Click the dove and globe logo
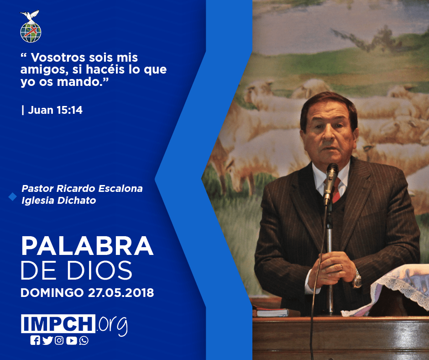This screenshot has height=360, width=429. tap(31, 26)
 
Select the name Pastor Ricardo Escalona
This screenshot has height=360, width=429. tap(82, 189)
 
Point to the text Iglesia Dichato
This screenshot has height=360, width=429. tap(59, 201)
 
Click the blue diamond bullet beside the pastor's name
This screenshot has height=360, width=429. tap(13, 196)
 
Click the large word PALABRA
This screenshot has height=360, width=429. tap(87, 246)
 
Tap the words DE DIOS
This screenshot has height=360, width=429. tap(77, 270)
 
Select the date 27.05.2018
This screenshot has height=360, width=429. tap(121, 293)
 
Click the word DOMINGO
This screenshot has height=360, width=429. tap(52, 293)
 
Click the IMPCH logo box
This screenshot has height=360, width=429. tap(58, 323)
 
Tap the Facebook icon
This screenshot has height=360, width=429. tap(35, 340)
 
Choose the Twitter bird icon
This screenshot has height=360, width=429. tap(47, 340)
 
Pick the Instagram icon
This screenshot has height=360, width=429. tap(59, 340)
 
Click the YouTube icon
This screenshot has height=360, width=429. tap(71, 340)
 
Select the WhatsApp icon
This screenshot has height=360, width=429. tap(84, 340)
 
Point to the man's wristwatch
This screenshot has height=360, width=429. tap(357, 279)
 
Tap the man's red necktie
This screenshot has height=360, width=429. tap(335, 190)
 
